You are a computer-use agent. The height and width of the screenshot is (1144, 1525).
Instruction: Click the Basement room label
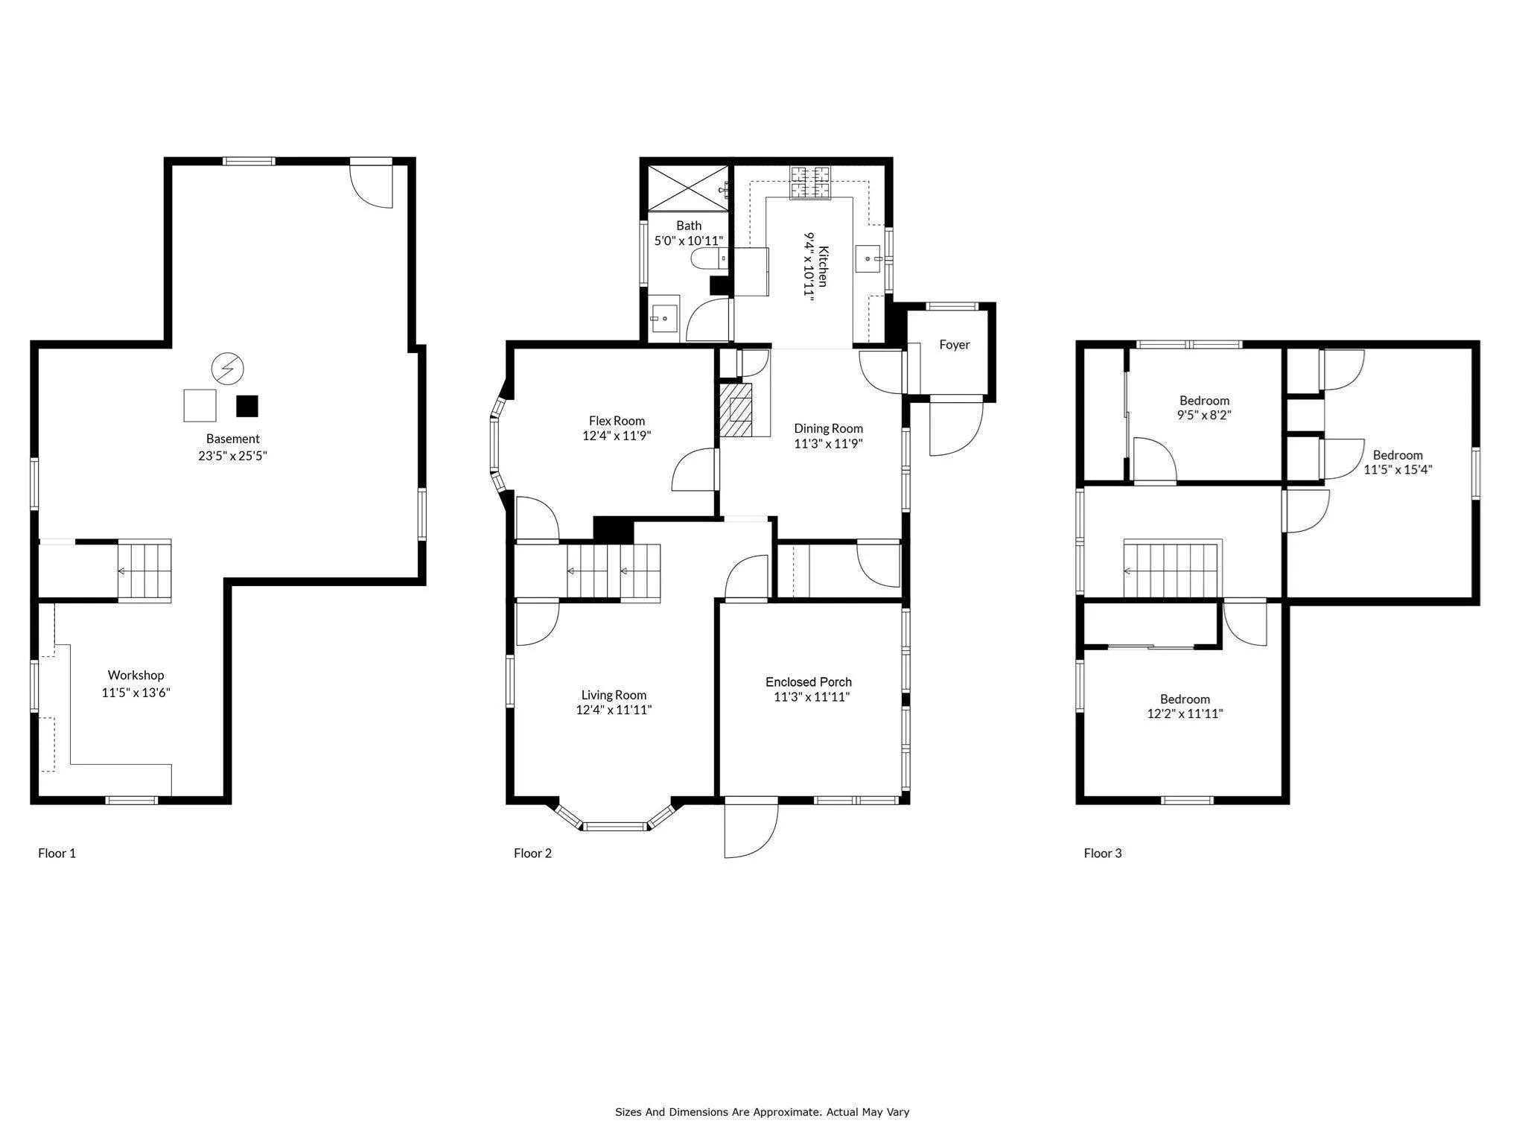233,439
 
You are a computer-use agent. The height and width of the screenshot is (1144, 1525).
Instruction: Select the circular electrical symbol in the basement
227,367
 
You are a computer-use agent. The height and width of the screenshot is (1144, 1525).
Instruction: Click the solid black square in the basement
247,406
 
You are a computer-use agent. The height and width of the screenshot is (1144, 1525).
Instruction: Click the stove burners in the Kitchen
809,182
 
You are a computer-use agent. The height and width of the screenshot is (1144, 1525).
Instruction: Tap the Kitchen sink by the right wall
868,259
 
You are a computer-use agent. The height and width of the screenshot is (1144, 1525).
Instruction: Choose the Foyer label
955,345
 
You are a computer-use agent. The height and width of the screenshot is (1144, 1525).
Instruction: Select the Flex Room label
617,421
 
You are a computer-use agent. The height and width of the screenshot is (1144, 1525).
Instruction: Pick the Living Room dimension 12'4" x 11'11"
614,710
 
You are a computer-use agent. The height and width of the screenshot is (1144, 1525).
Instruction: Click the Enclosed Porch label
809,682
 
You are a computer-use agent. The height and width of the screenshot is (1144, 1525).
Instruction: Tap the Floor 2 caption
532,854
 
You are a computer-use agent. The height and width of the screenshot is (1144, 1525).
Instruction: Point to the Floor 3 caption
1103,854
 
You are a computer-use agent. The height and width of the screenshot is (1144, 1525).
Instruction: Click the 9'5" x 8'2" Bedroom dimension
1204,416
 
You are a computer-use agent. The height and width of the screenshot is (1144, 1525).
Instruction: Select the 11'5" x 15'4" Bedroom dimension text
1398,470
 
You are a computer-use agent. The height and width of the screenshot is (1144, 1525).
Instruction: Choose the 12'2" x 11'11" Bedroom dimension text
1185,714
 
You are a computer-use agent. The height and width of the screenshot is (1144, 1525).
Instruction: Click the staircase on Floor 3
1173,570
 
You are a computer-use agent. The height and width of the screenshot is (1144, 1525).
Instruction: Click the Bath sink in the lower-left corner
664,318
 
